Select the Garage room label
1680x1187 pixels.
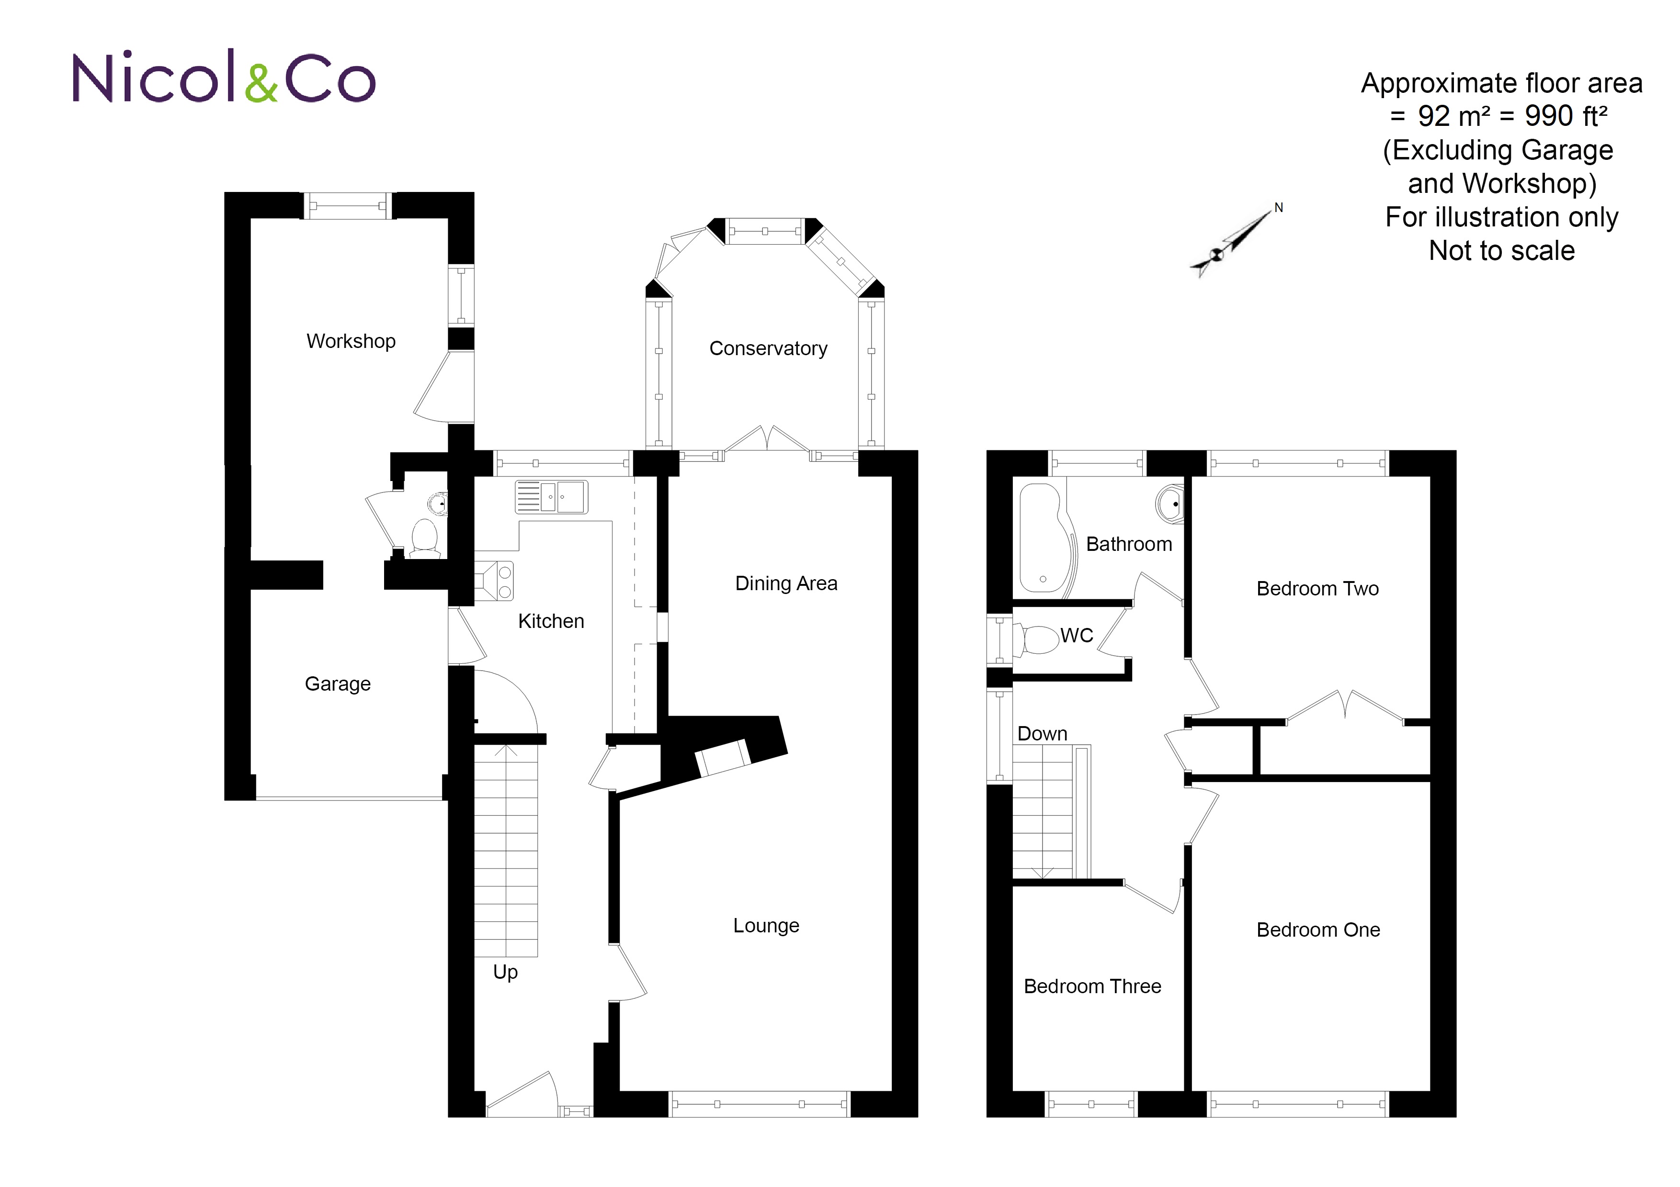pyautogui.click(x=337, y=684)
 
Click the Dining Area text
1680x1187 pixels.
pyautogui.click(x=786, y=583)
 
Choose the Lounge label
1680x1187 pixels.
pyautogui.click(x=766, y=925)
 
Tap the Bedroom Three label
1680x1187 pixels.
pyautogui.click(x=1092, y=986)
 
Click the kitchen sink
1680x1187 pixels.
pyautogui.click(x=552, y=497)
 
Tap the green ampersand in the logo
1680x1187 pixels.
pyautogui.click(x=261, y=83)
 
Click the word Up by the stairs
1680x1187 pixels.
pyautogui.click(x=505, y=972)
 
